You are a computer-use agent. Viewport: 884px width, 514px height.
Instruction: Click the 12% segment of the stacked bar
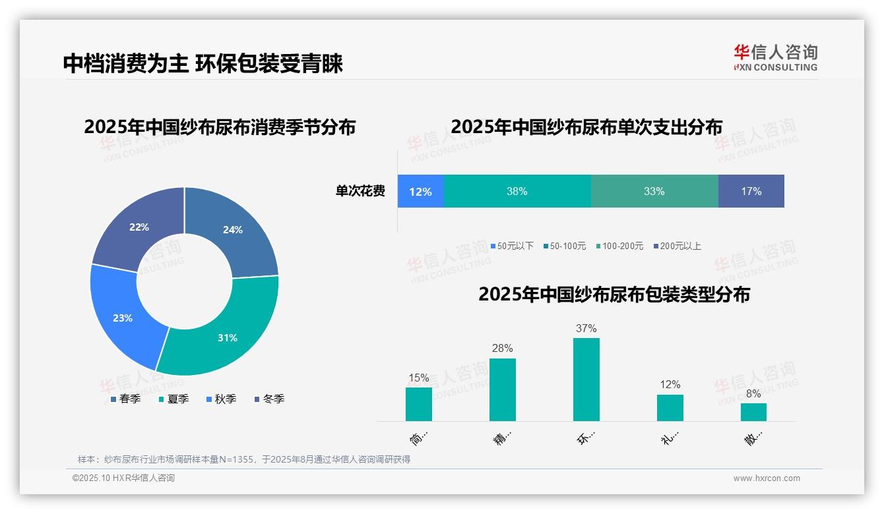point(420,191)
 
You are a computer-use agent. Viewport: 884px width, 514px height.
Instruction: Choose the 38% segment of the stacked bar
point(517,191)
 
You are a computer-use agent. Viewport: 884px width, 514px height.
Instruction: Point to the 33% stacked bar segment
point(654,191)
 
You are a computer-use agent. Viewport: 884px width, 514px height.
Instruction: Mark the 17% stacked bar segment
point(751,191)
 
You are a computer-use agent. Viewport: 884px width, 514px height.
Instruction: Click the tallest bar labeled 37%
point(586,379)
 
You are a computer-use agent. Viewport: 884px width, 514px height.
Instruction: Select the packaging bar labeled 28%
point(502,389)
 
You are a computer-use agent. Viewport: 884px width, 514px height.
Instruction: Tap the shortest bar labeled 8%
point(753,412)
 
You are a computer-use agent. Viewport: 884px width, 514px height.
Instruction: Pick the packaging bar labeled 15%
point(418,404)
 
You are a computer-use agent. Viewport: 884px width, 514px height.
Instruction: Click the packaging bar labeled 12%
point(670,407)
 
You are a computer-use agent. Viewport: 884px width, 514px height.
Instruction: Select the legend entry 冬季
point(273,399)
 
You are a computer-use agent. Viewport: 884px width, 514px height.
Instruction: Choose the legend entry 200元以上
point(680,246)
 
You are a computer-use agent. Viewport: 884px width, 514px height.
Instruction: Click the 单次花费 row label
point(360,191)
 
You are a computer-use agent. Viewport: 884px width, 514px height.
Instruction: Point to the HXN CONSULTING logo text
point(776,67)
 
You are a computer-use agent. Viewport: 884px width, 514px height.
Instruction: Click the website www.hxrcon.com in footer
point(767,478)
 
